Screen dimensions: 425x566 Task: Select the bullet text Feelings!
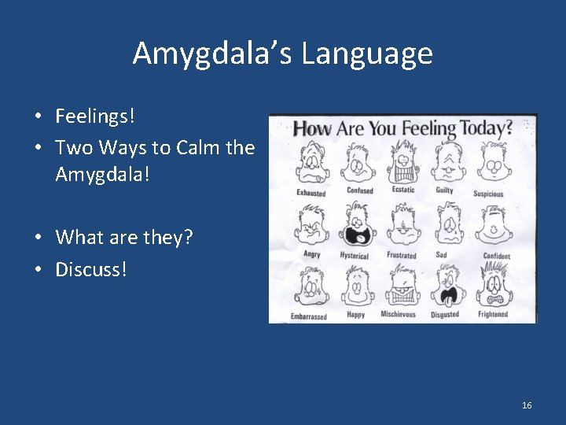tap(95, 116)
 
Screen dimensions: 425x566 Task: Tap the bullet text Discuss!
tap(90, 269)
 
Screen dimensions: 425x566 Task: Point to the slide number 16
tap(527, 405)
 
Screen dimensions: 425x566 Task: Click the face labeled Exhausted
tap(311, 164)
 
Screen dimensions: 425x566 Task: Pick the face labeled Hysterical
tap(355, 226)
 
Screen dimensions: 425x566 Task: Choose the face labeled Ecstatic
tap(402, 162)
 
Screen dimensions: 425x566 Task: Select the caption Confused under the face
tap(360, 190)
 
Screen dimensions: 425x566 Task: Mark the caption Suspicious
tap(488, 194)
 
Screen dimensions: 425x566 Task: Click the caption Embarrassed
tap(308, 316)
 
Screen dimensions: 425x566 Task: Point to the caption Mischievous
tap(399, 315)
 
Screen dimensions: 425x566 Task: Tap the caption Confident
tap(496, 256)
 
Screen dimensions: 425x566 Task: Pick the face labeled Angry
tap(310, 227)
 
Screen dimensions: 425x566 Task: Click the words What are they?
tap(124, 236)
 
